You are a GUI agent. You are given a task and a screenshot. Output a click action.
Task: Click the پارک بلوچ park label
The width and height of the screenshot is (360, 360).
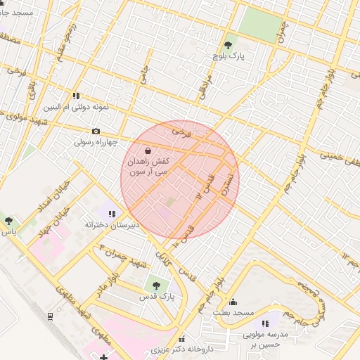point(229,55)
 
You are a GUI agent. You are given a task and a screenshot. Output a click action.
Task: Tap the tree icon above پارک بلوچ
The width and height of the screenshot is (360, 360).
point(228,44)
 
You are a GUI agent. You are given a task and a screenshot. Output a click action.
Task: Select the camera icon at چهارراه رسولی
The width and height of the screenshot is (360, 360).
point(96,131)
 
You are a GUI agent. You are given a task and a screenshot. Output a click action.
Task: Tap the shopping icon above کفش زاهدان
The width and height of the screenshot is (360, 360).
point(148,150)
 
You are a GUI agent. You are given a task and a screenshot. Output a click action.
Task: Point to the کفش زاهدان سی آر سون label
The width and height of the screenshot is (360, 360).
point(148,166)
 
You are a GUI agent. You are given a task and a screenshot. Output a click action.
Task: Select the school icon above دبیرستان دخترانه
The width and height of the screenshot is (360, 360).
point(112,213)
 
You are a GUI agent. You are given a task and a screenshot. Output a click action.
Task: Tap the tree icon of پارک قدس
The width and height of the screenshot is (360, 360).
point(155,285)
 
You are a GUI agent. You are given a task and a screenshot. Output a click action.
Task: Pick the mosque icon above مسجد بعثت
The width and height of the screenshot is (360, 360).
point(233,302)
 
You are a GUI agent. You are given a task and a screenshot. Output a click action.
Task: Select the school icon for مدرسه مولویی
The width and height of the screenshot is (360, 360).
point(265,323)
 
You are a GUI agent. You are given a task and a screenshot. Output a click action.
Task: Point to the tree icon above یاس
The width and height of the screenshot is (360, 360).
point(8,220)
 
